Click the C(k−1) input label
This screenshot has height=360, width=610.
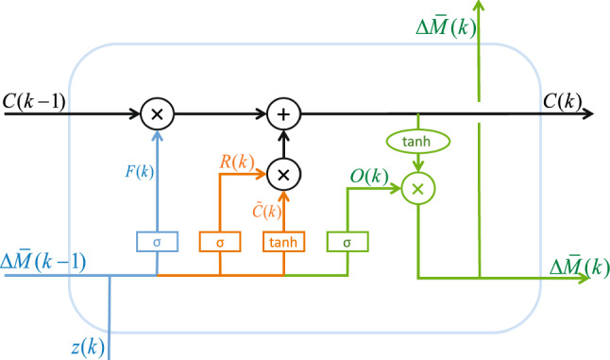tap(35, 98)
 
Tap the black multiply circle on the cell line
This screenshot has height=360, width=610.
tap(157, 114)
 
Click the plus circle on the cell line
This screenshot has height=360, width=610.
tap(282, 114)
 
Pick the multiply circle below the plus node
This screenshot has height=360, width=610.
tap(282, 174)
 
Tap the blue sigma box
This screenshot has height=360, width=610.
tap(157, 241)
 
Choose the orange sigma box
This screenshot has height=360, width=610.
tap(219, 241)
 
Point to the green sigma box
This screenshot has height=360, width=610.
tap(347, 241)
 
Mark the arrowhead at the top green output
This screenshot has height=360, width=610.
tap(481, 6)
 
